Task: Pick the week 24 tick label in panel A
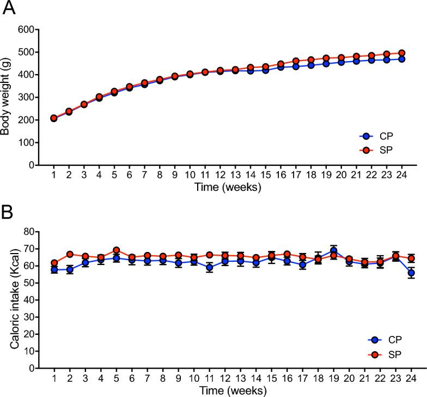click(x=401, y=174)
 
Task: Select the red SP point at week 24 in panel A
click(x=401, y=53)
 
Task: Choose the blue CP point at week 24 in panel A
click(x=401, y=59)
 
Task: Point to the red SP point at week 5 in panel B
click(x=115, y=250)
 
